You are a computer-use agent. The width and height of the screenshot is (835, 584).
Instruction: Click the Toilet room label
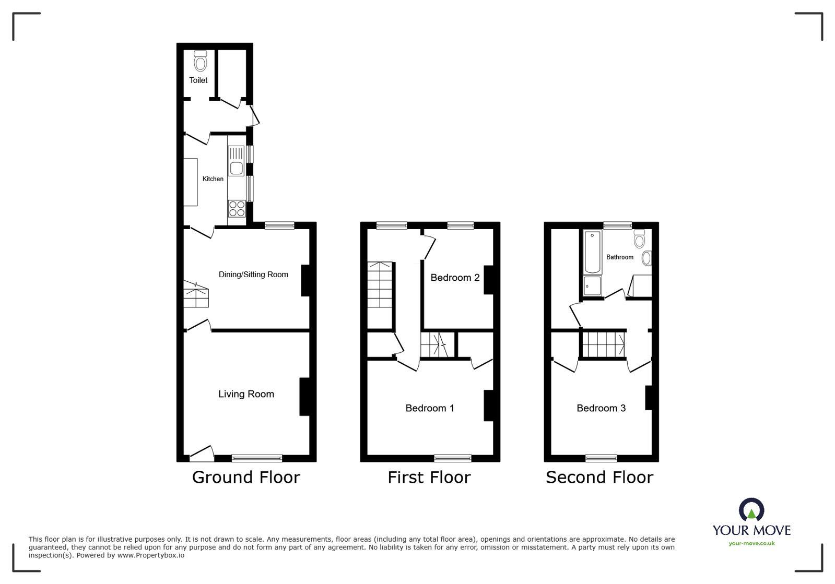198,80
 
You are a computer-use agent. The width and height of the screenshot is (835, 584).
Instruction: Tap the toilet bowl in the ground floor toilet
200,62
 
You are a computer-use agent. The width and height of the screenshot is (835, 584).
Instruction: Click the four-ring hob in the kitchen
237,209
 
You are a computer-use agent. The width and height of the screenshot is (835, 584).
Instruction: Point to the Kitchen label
213,179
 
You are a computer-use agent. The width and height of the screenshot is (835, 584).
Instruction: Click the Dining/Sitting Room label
253,275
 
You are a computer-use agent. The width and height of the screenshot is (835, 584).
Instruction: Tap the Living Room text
246,394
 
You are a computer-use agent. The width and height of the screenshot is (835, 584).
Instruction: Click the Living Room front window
257,458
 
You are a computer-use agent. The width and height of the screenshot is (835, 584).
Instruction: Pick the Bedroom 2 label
455,278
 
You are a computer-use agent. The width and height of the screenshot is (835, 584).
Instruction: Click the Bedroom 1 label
429,408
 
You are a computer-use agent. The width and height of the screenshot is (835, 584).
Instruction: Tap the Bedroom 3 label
601,408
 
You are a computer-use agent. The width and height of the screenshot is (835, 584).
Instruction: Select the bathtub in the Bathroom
592,252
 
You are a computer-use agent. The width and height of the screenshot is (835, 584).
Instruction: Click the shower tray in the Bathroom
592,286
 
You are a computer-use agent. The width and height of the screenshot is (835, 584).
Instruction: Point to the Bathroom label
619,257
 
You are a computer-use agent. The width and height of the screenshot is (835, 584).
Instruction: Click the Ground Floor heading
246,477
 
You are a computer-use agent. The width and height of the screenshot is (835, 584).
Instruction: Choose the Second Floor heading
599,477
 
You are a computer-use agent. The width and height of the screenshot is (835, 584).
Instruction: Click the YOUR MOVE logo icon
751,510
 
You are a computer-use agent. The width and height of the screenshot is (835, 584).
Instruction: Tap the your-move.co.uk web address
751,543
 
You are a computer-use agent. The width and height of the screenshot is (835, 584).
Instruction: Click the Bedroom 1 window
452,458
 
